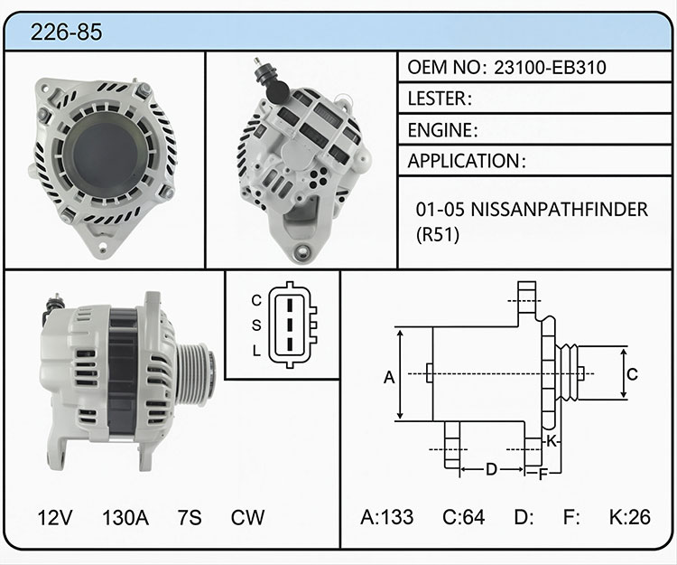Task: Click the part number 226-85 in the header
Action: (x=66, y=32)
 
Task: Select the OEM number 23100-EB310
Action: (x=550, y=68)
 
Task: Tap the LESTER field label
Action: (x=439, y=99)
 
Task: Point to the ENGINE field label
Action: (x=442, y=130)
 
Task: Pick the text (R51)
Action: (x=438, y=234)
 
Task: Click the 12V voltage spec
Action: (x=55, y=517)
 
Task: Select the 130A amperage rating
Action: (x=125, y=517)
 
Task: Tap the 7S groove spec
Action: (x=190, y=517)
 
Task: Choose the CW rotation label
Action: (x=247, y=517)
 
